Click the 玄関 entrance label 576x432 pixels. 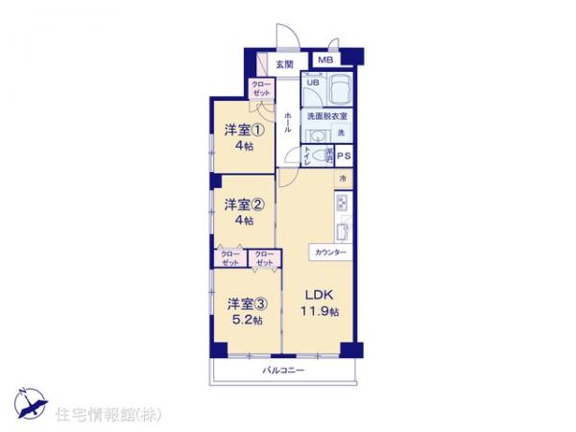coord(284,64)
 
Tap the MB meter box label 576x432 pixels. coord(325,60)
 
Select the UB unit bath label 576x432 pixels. coord(312,83)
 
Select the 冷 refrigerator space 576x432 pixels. coord(342,180)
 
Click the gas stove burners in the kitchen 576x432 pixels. coord(341,204)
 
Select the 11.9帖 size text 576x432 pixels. coord(322,311)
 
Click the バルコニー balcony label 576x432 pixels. coord(284,370)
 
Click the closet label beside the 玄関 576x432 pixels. coord(261,88)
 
